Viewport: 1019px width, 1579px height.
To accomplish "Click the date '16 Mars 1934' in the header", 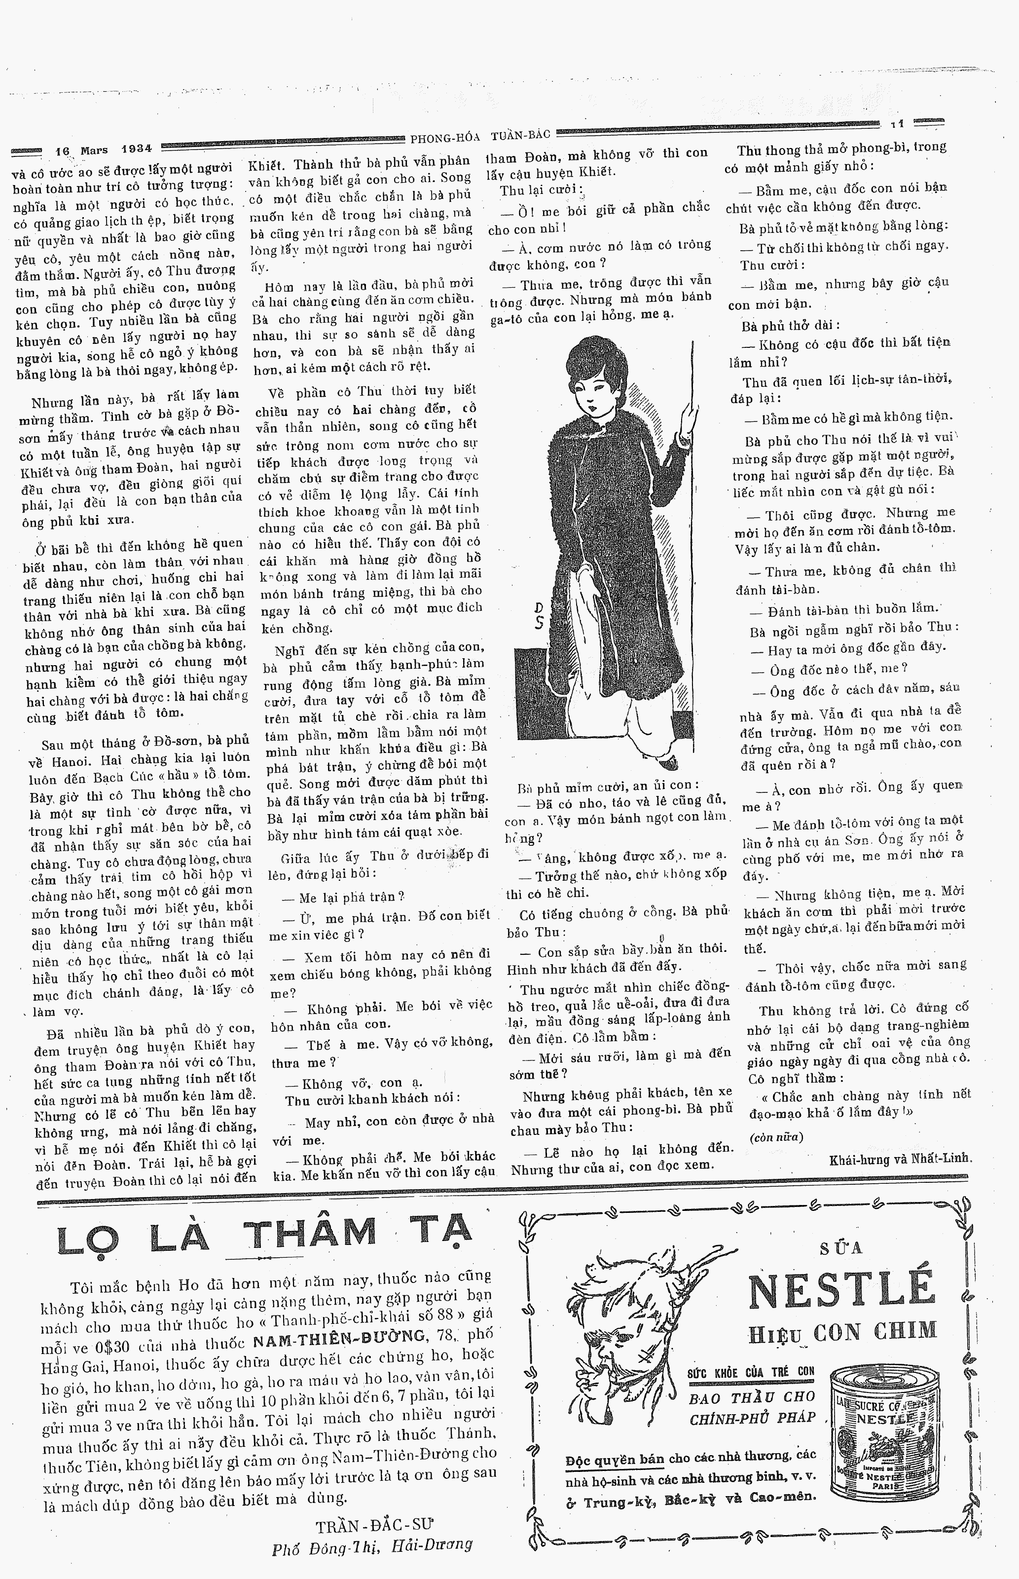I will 103,150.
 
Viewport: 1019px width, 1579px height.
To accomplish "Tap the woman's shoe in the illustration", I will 669,762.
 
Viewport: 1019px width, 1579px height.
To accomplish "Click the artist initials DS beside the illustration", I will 539,615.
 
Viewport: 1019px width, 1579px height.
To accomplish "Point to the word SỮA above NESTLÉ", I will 841,1248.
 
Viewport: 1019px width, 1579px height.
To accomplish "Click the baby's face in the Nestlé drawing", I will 616,1350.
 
